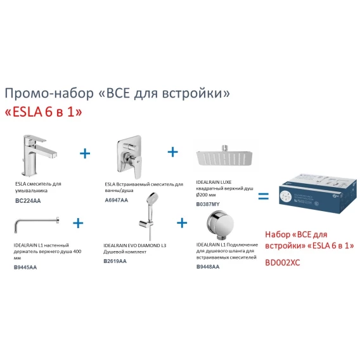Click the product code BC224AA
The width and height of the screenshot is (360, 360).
(x=28, y=201)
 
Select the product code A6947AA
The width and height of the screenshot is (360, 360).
(x=117, y=200)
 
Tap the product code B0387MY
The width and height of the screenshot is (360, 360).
(x=208, y=204)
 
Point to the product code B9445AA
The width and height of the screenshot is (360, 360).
(x=25, y=267)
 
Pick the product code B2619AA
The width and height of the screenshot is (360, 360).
(x=115, y=261)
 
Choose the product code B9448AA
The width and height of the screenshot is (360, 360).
(x=208, y=267)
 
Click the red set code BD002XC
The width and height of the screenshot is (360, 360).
(x=283, y=262)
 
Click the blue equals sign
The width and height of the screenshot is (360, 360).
(x=263, y=196)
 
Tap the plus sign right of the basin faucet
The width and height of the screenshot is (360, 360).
(x=85, y=153)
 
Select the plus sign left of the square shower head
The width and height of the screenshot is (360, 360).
(x=173, y=151)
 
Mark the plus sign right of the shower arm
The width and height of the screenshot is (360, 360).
(x=78, y=223)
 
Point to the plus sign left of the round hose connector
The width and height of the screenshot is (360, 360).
(x=182, y=222)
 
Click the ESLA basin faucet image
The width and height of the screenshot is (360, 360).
(x=39, y=156)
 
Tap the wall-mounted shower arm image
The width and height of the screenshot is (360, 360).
(x=37, y=224)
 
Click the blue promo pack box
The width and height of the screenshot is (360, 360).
(x=318, y=193)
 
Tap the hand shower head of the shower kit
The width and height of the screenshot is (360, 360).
(x=152, y=198)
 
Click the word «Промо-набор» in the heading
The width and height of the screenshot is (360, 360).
(x=49, y=93)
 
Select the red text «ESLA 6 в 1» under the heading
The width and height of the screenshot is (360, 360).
(x=44, y=112)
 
